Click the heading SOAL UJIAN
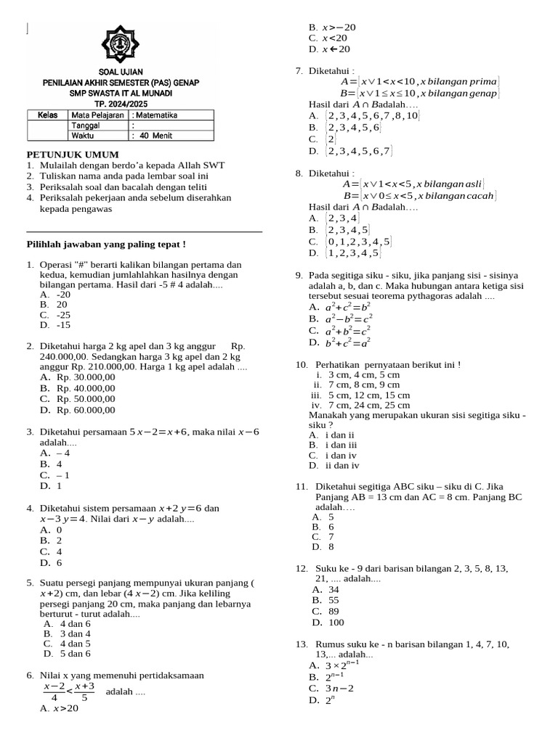(121, 73)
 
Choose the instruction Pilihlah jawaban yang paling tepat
(106, 244)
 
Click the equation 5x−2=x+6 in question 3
(158, 432)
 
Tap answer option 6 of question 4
(60, 562)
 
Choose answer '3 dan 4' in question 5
(75, 633)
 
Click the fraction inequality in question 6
(69, 691)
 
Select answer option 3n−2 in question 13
(339, 688)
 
